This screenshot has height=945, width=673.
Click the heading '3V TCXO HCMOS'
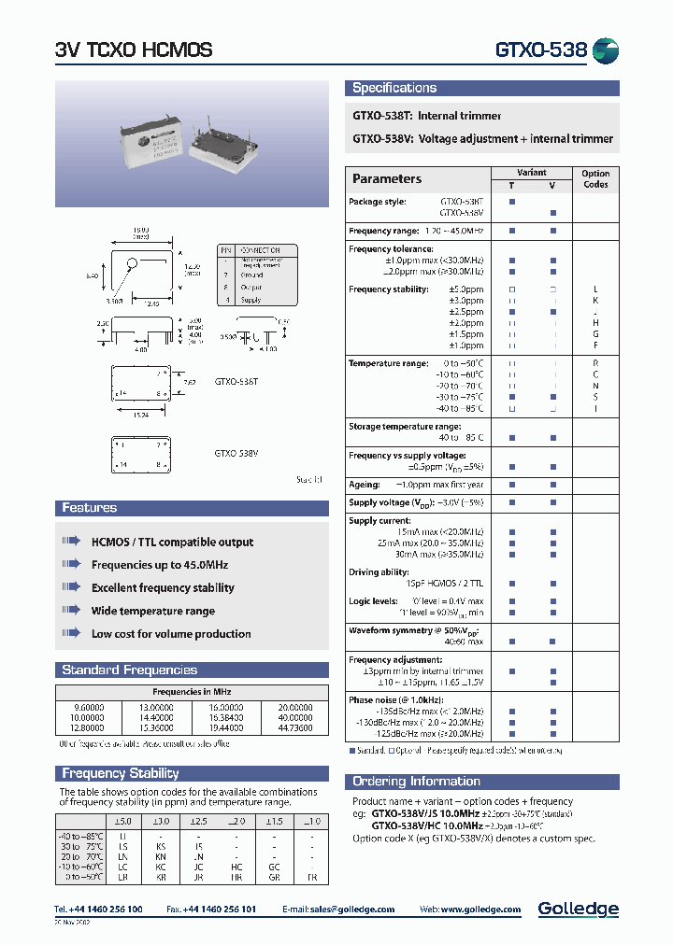(x=134, y=50)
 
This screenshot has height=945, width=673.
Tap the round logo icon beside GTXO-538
(x=606, y=50)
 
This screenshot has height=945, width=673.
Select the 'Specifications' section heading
(x=394, y=89)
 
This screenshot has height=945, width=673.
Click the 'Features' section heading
(x=90, y=508)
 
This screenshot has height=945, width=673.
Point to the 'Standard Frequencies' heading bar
(x=129, y=670)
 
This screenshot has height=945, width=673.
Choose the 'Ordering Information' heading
(x=416, y=782)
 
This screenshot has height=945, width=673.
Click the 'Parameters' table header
(x=387, y=179)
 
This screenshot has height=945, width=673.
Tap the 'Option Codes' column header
(x=595, y=179)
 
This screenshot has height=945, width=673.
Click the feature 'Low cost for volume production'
(x=171, y=634)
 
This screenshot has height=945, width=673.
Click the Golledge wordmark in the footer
(x=578, y=909)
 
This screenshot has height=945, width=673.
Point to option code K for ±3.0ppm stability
(x=595, y=301)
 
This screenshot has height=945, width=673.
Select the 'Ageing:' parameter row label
(x=365, y=486)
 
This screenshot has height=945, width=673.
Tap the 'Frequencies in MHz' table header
(x=192, y=692)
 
